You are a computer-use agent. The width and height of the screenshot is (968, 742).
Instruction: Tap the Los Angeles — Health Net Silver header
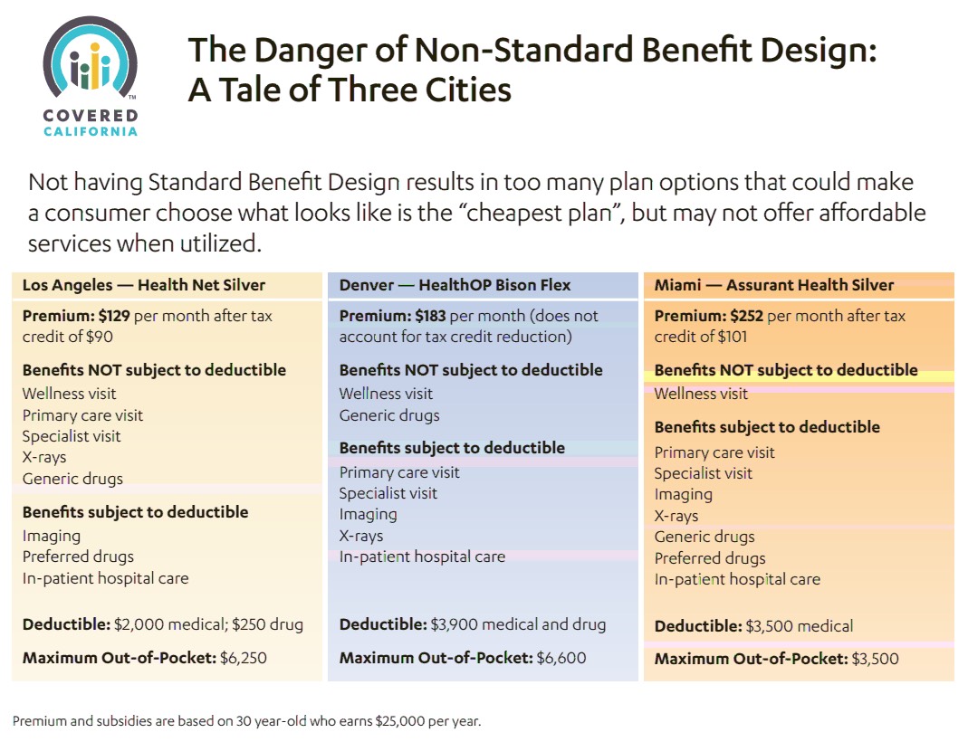144,285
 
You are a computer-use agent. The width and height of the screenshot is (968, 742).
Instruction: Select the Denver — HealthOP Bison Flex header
455,285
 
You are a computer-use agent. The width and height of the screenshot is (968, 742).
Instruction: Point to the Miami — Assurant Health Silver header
773,285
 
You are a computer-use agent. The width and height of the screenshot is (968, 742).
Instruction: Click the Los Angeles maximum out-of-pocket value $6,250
244,658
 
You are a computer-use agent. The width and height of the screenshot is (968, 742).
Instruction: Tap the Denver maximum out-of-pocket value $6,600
561,658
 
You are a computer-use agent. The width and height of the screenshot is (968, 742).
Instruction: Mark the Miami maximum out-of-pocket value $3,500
875,658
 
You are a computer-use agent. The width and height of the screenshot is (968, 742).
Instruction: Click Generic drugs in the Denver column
389,415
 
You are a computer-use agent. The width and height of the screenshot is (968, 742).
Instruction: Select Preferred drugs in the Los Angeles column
78,556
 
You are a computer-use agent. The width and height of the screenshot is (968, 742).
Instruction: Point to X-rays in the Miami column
676,516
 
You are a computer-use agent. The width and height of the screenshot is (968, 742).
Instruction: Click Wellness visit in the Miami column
701,394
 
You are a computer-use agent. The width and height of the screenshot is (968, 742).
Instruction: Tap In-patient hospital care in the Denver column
422,556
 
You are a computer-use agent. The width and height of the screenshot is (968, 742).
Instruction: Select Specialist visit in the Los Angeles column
72,436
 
